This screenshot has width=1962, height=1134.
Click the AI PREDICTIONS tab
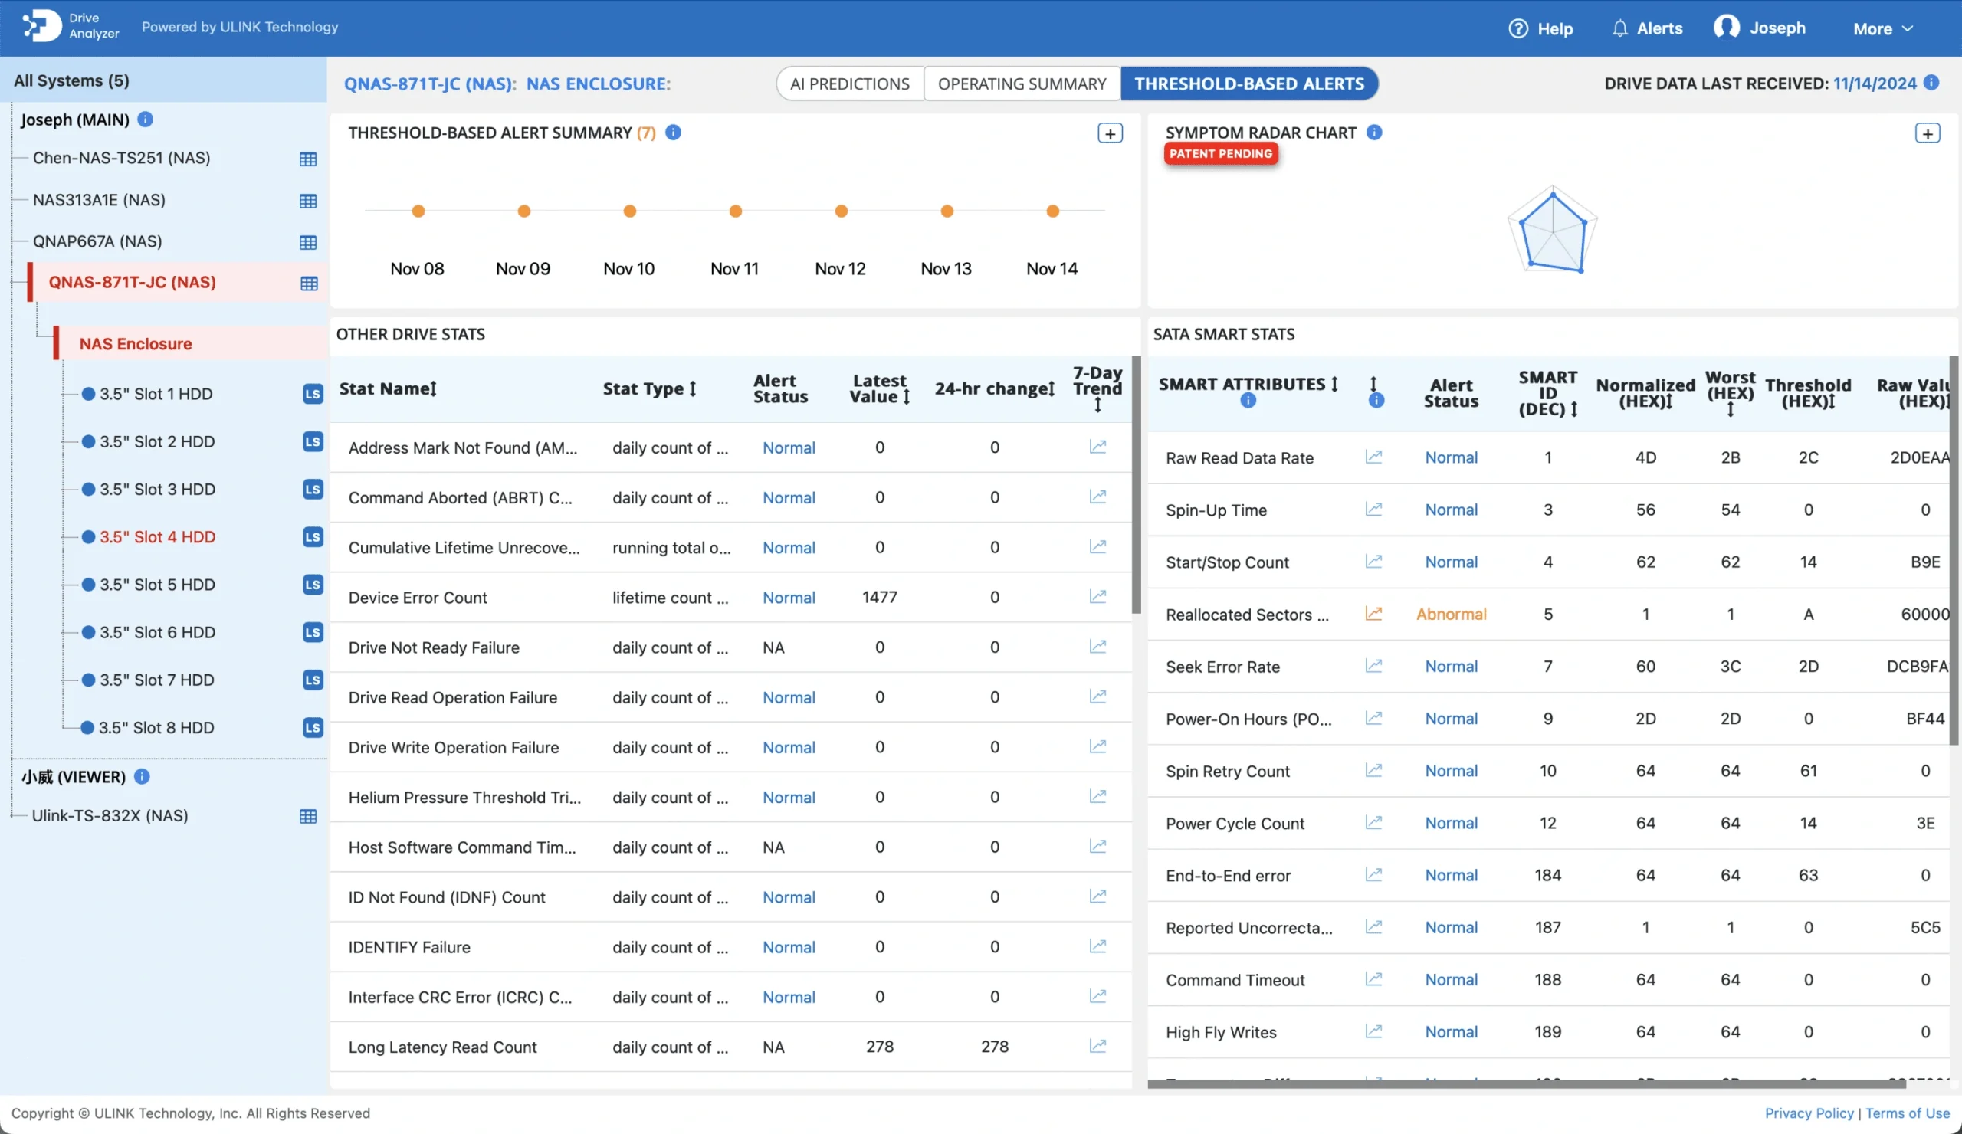coord(849,84)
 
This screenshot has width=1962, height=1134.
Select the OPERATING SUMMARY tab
coord(1022,84)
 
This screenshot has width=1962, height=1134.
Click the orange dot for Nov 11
coord(735,211)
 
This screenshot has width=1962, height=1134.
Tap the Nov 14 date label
coord(1051,268)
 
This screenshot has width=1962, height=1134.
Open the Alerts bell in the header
coord(1647,29)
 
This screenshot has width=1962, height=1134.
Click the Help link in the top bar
coord(1540,29)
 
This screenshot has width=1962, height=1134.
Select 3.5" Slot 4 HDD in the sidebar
coord(157,537)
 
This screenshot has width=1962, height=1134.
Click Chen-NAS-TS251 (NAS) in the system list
coord(121,158)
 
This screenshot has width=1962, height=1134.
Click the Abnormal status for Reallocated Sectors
coord(1451,614)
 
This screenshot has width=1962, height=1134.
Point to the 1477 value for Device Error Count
coord(879,597)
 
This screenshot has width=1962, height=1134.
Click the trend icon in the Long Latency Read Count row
coord(1097,1046)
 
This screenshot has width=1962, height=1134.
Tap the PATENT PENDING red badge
coord(1220,154)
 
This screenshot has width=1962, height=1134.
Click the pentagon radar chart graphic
coord(1552,231)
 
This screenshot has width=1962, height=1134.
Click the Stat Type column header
coord(648,388)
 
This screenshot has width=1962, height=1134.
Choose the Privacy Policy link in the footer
coord(1809,1113)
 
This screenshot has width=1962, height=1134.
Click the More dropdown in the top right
coord(1882,29)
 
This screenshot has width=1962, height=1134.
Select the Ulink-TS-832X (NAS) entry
coord(110,816)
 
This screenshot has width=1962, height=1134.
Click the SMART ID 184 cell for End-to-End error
coord(1547,875)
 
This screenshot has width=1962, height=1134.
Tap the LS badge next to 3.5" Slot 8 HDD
coord(313,728)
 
